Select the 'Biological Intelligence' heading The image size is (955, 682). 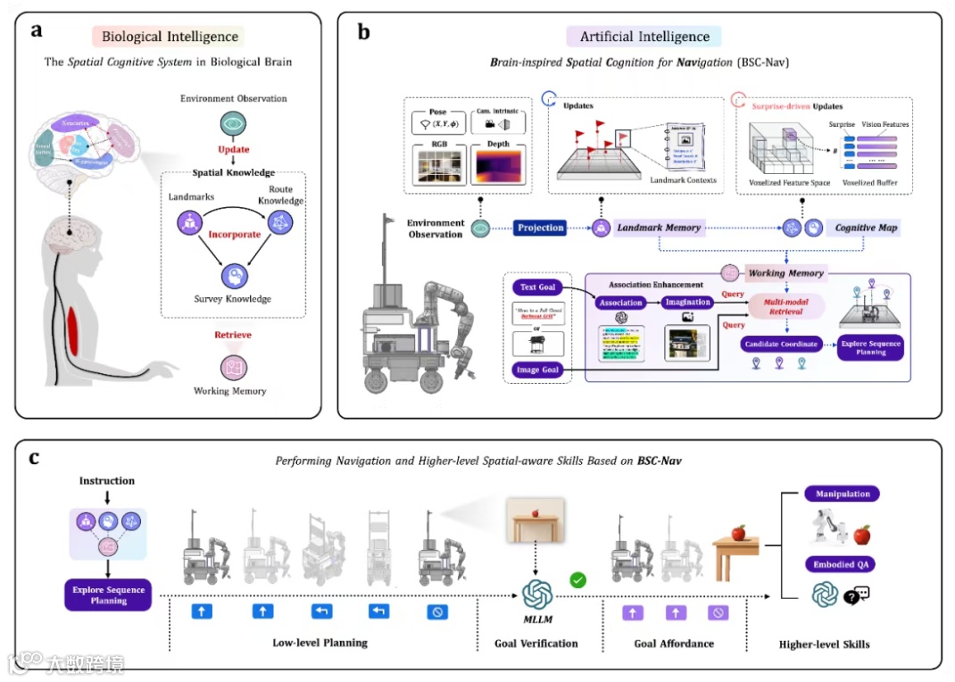point(170,37)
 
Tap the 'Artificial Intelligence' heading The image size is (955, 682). point(644,37)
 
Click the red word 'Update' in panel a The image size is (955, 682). point(233,149)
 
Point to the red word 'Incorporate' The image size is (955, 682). point(235,234)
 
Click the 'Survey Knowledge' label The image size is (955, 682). point(234,299)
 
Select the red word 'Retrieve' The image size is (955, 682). point(234,335)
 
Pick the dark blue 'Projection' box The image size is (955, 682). point(541,228)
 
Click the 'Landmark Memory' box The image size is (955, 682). point(660,229)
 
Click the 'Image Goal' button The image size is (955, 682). point(537,369)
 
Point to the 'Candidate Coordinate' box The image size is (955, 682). point(785,344)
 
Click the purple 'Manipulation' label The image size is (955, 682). point(842,494)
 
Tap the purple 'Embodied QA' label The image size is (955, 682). point(842,564)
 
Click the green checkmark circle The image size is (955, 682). point(578,580)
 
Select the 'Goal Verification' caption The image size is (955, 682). point(536,643)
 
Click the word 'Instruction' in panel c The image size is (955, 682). point(107,481)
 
